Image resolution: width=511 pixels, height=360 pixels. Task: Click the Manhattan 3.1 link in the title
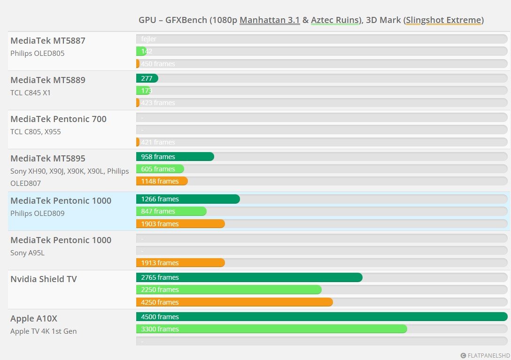click(x=270, y=20)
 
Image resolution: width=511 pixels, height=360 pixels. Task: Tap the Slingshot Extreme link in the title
click(x=443, y=20)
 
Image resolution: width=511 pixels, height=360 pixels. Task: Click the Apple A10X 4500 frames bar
click(x=322, y=317)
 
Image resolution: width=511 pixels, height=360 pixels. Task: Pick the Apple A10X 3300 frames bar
click(x=271, y=329)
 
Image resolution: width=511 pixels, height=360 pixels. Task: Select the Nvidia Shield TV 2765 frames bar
click(x=249, y=277)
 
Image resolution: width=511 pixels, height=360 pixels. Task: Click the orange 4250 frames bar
click(x=234, y=302)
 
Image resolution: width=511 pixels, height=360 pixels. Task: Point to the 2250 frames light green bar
click(x=229, y=290)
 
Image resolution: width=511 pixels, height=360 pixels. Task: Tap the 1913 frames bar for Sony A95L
click(x=180, y=263)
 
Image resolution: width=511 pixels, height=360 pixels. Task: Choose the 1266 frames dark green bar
click(x=188, y=199)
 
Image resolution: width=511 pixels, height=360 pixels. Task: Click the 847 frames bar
click(x=171, y=211)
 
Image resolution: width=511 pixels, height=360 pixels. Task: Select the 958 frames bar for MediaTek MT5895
click(x=175, y=157)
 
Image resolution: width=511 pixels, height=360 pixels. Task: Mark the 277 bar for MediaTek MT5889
click(x=147, y=78)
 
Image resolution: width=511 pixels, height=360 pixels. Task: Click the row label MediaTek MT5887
click(x=48, y=41)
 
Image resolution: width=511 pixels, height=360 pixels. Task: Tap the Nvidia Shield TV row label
click(x=44, y=279)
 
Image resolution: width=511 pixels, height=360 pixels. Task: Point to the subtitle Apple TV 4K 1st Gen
click(x=43, y=331)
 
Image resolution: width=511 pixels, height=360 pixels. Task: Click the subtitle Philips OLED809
click(x=38, y=213)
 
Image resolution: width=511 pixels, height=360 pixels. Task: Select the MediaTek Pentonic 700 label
click(x=58, y=119)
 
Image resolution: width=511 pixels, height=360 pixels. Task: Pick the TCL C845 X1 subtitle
click(x=31, y=92)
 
